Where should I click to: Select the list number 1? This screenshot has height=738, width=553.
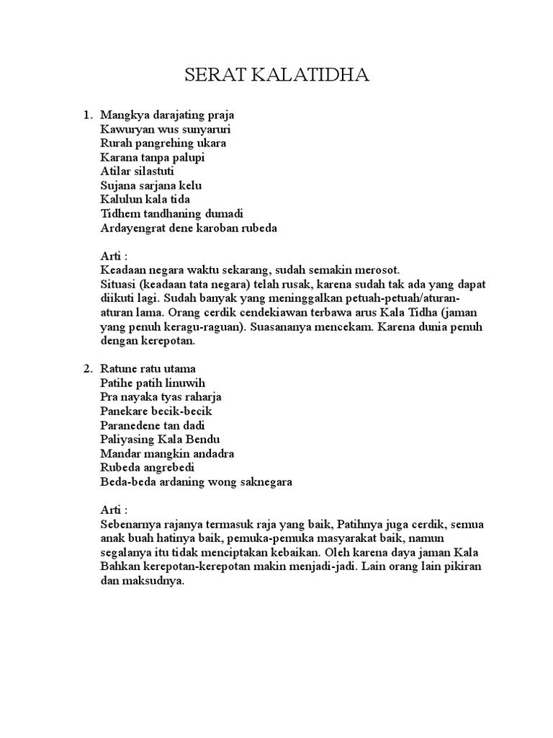[87, 115]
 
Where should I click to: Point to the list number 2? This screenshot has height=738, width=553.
[87, 369]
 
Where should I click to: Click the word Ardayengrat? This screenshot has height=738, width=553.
[132, 228]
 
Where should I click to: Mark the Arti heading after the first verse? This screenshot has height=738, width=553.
[112, 257]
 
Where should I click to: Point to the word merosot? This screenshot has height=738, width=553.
[374, 270]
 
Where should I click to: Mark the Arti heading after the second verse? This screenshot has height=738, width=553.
[112, 510]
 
